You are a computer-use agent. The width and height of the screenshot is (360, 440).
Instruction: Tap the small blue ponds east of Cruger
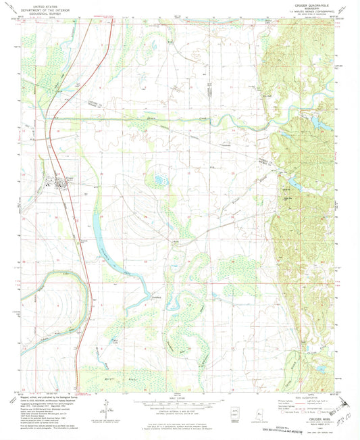coord(160,181)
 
